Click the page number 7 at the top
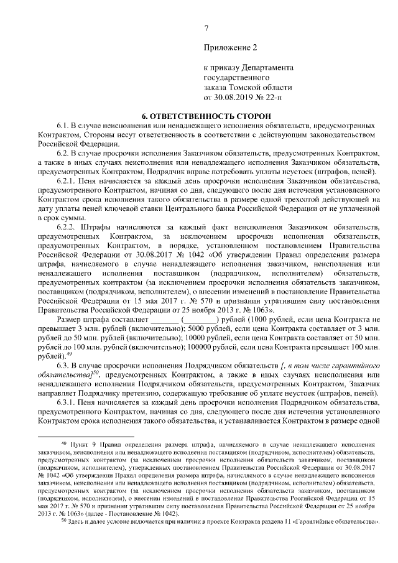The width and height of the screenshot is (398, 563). (206, 28)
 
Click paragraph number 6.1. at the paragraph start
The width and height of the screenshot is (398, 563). (65, 126)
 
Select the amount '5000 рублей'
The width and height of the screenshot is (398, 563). (210, 330)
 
